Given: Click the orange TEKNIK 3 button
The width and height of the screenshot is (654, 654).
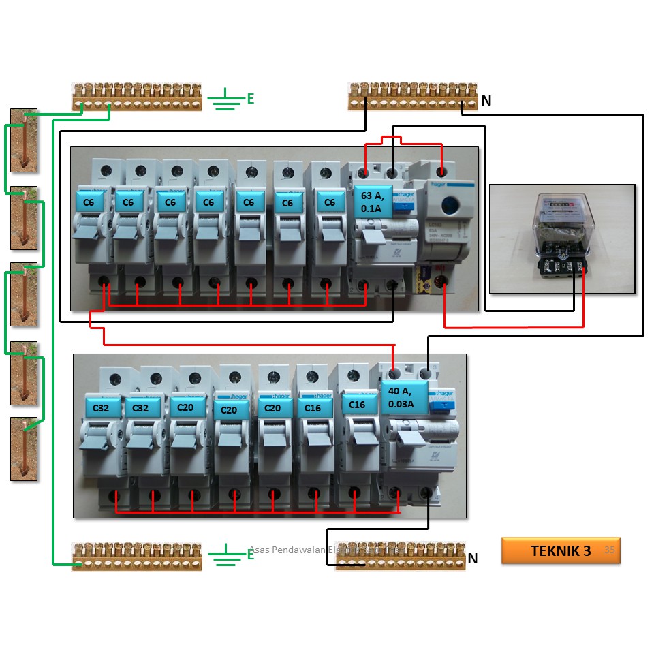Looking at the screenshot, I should coord(560,551).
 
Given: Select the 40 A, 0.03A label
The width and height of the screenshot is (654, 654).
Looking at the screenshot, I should coord(405,397).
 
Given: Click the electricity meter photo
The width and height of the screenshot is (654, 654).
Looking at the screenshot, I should coord(562,238).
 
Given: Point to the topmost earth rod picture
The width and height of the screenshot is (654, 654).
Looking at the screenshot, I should coord(24,140).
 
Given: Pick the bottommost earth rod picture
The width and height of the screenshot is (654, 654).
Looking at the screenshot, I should coord(24,448).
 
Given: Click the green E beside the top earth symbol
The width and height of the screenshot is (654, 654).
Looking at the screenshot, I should coord(250,99).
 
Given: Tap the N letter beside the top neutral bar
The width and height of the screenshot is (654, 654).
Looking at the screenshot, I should coord(486,102).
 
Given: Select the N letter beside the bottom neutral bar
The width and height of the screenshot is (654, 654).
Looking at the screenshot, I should coord(472,559).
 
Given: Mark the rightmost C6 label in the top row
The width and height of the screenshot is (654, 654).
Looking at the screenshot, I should coord(330,202).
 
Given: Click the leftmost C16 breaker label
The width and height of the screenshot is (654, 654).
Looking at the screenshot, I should coord(313,407).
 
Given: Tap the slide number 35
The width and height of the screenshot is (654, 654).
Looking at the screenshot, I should coord(609,550).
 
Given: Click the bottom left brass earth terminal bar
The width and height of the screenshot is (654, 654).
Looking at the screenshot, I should coord(137,556).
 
